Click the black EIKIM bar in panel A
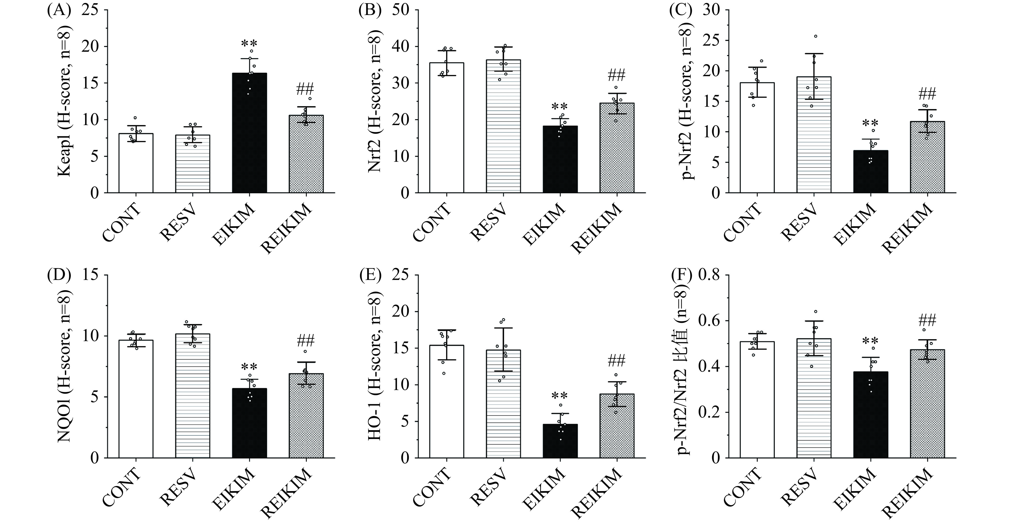[x=249, y=133]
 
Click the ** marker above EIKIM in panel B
[x=560, y=107]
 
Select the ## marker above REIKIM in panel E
[x=617, y=360]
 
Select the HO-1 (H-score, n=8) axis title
[x=375, y=366]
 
